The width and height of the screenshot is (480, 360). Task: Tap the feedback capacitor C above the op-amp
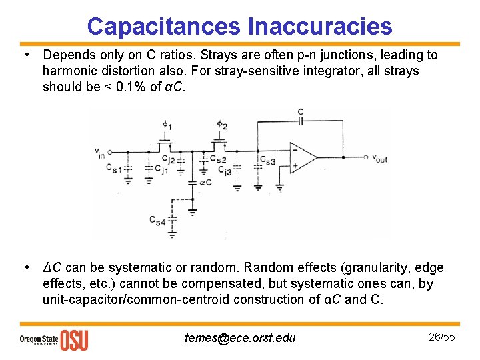301,121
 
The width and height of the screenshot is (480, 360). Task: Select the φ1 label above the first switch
167,125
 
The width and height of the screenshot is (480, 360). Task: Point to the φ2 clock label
222,125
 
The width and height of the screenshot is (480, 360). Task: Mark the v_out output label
379,159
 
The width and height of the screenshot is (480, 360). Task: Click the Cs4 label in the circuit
157,219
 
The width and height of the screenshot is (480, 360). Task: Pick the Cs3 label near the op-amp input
267,161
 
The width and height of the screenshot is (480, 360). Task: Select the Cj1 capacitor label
161,169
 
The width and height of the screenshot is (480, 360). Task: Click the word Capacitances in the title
164,26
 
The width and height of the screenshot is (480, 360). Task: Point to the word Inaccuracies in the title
320,26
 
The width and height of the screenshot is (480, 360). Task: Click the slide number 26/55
442,337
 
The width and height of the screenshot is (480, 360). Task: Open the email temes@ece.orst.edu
240,338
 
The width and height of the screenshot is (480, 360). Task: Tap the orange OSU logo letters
74,340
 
